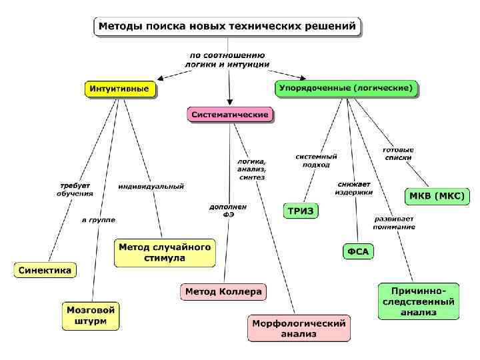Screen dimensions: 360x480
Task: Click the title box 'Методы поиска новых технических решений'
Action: coord(227,27)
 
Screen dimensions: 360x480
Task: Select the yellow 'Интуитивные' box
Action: coord(120,89)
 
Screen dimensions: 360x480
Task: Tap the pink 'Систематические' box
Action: coord(230,115)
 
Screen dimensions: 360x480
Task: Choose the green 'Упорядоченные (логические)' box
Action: coord(347,88)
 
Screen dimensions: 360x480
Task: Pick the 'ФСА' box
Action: coord(358,251)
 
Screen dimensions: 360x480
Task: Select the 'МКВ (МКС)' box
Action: coord(438,197)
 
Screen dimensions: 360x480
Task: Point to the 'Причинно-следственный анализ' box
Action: coord(419,301)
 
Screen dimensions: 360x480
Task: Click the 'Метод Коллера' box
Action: coord(223,292)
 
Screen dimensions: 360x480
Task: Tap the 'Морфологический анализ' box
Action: coord(299,329)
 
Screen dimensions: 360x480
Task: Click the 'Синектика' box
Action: coord(45,270)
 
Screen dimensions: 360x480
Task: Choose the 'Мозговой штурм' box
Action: coord(91,316)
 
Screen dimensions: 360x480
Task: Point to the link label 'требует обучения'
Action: coord(75,189)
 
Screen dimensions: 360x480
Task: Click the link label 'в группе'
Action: coord(98,219)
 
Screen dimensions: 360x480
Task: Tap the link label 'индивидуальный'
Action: coord(151,187)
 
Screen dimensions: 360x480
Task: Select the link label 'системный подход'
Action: coord(316,160)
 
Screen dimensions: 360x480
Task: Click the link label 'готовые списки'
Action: coord(399,153)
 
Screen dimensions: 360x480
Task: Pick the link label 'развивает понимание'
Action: coord(394,223)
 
